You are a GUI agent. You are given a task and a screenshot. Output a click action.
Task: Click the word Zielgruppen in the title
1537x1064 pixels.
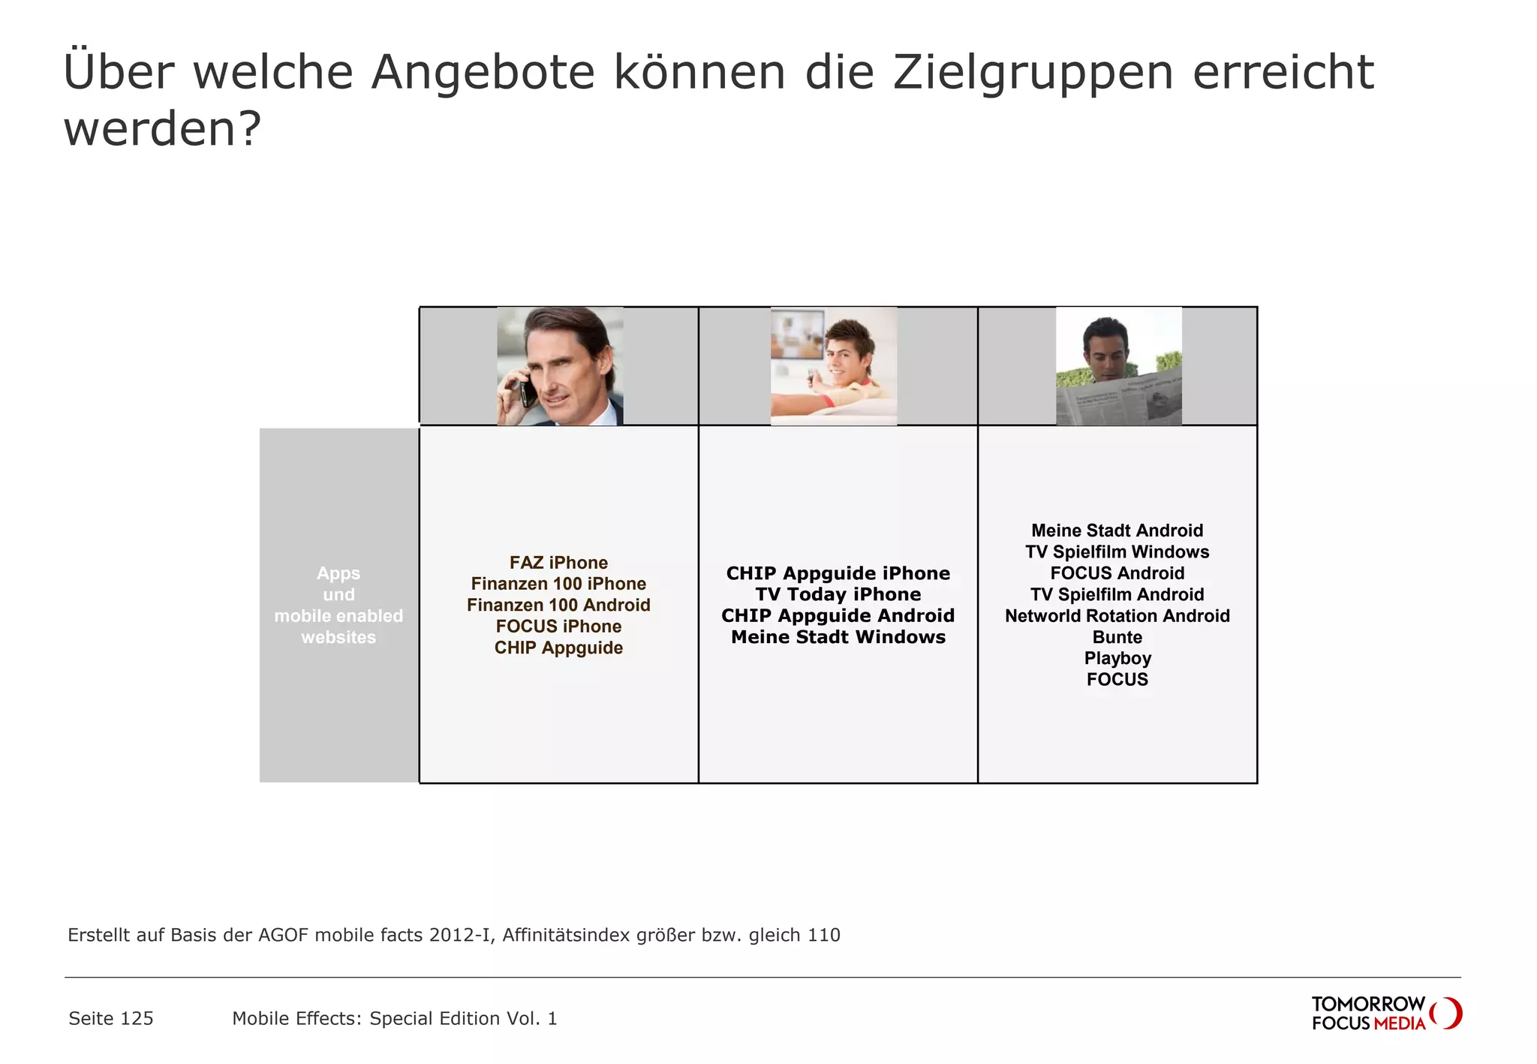point(1033,74)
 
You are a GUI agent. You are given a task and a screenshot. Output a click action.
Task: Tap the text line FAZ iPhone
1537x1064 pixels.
point(558,563)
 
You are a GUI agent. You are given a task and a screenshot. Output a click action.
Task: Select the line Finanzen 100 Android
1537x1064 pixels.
point(558,606)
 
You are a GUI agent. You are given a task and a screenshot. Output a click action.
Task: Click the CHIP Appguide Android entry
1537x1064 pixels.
point(838,616)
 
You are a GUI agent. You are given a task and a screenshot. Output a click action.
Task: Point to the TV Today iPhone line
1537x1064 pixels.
point(838,594)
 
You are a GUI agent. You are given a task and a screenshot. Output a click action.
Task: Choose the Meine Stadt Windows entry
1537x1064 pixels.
point(838,637)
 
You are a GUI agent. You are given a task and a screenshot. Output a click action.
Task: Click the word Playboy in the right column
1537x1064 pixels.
point(1117,658)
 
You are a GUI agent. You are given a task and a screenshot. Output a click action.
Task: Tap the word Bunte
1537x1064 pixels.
point(1117,637)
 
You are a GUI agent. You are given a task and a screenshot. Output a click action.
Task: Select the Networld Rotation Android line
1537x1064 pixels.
point(1117,616)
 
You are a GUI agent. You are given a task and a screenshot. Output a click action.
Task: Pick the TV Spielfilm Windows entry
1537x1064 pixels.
point(1117,552)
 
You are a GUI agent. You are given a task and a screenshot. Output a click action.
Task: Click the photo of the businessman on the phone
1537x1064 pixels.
point(560,366)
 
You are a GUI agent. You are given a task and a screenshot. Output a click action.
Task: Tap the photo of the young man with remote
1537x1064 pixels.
point(834,366)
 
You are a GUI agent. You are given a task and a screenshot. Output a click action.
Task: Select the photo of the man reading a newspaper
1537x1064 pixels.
point(1118,366)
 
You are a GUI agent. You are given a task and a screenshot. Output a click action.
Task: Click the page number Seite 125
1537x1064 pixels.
point(111,1018)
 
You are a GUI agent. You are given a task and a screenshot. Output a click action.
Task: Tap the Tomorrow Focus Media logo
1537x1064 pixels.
point(1385,1013)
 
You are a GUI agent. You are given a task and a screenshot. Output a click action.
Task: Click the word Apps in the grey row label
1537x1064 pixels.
point(338,573)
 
